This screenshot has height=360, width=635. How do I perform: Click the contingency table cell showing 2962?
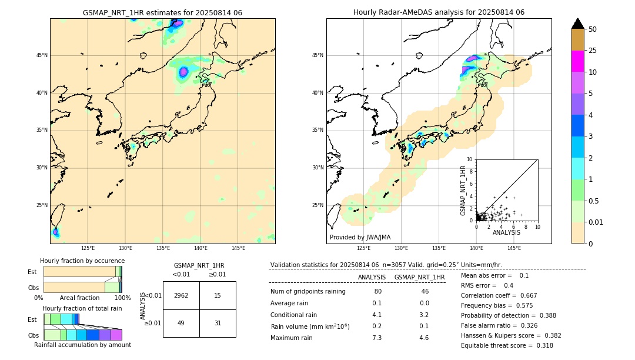tap(181, 295)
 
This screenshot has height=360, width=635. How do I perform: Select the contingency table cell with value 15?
tap(218, 295)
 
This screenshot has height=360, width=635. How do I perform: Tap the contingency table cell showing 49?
tap(181, 323)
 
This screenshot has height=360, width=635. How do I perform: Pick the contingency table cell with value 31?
tap(218, 323)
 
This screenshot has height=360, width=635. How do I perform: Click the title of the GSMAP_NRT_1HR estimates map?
tap(162, 12)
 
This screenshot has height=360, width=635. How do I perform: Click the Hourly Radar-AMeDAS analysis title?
tap(439, 12)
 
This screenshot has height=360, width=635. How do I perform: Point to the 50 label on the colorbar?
tap(593, 29)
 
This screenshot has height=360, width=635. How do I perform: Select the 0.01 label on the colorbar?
tap(596, 222)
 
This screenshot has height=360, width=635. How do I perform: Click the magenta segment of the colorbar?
tap(578, 61)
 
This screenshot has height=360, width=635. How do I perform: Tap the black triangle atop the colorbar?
tap(578, 24)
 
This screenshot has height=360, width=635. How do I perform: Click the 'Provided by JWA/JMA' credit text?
tap(360, 238)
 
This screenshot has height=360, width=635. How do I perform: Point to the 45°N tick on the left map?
tap(42, 55)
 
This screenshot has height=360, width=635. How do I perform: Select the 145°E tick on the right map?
tap(514, 248)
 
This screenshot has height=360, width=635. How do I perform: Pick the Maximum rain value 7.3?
tap(377, 338)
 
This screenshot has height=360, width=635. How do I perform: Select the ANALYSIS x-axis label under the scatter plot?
tap(506, 232)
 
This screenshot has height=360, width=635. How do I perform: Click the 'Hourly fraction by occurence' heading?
tap(82, 261)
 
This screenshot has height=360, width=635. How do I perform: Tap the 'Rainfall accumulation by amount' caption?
tap(83, 345)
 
